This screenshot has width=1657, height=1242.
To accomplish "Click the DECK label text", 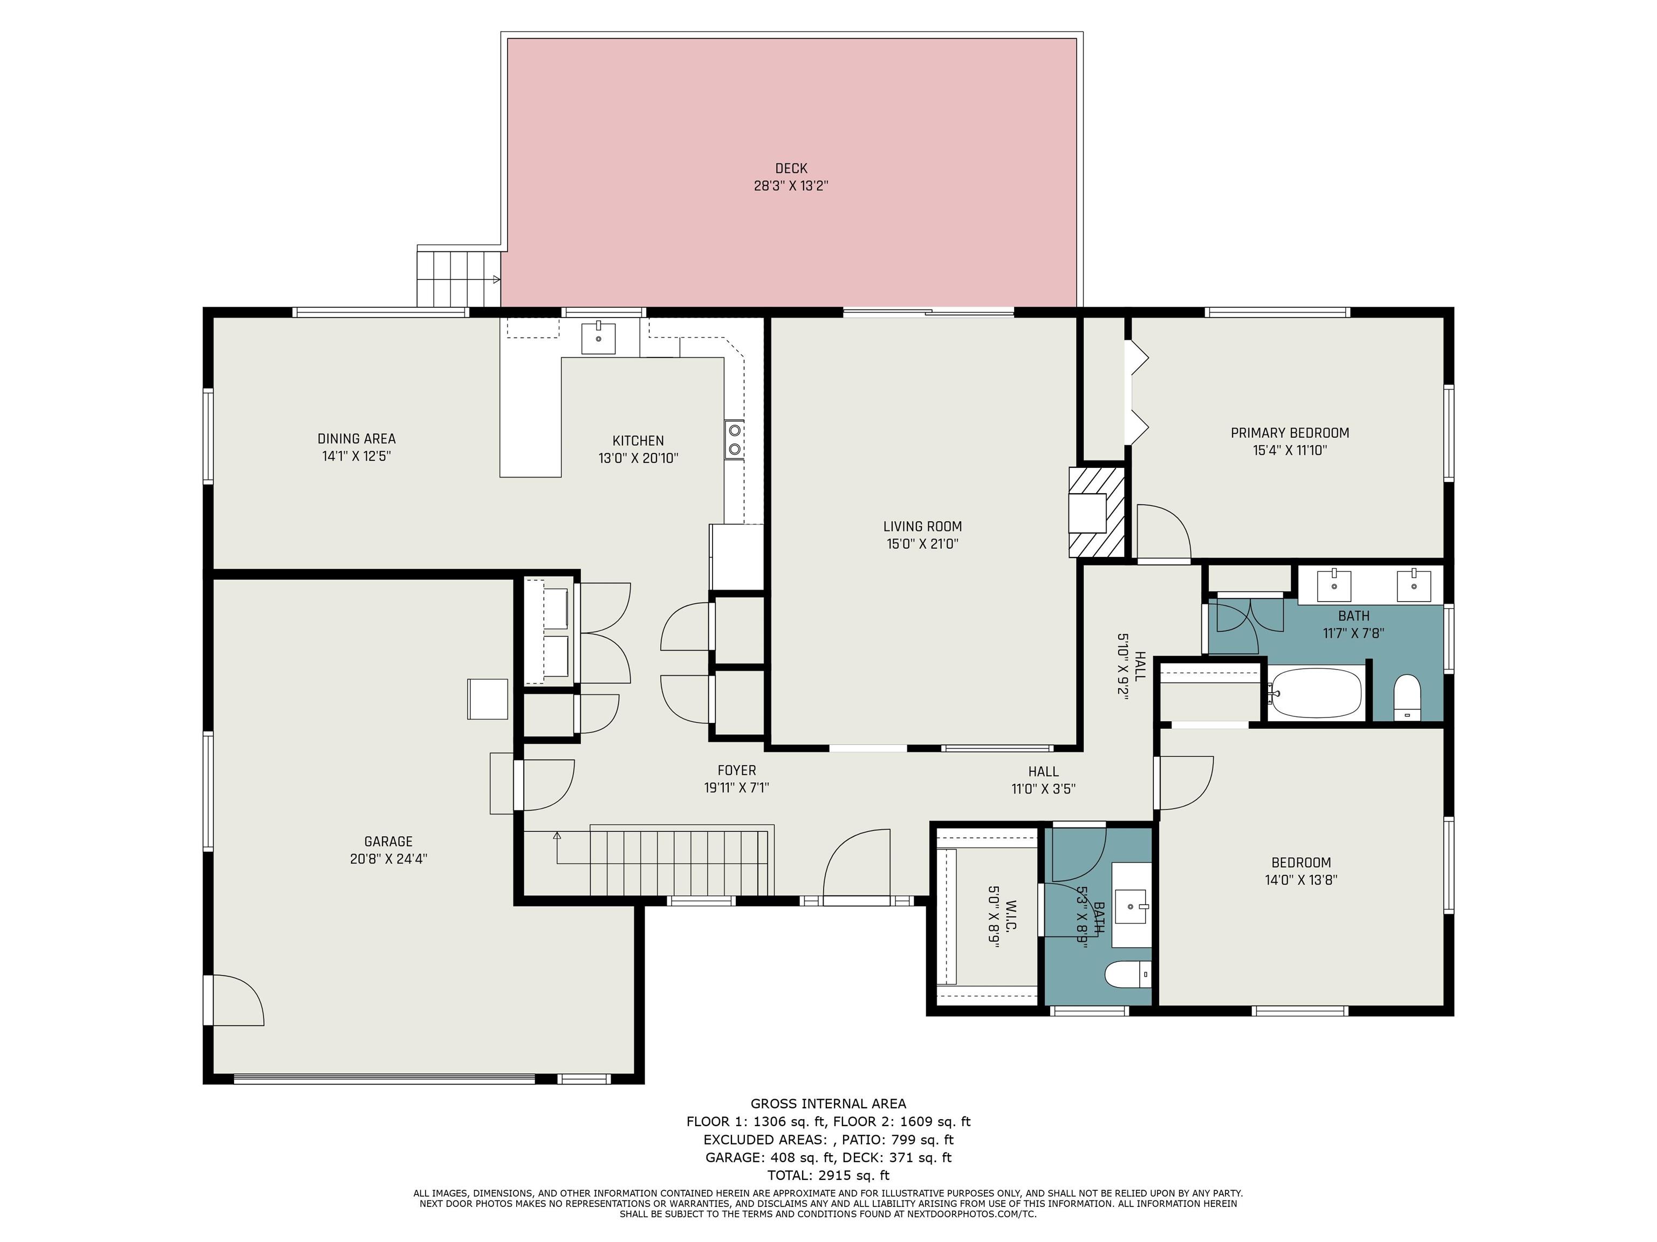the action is (x=791, y=168).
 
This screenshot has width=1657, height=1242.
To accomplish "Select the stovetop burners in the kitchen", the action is (x=734, y=439).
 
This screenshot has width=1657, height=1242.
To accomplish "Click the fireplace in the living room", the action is (x=1097, y=513).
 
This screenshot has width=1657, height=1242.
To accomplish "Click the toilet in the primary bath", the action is (x=1408, y=698).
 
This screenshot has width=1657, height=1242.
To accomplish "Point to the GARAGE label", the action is (x=388, y=841).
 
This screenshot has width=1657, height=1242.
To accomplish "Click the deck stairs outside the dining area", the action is (x=458, y=277).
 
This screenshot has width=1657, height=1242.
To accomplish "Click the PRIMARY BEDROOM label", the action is (x=1290, y=433).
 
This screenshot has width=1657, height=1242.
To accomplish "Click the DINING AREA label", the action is (x=357, y=439).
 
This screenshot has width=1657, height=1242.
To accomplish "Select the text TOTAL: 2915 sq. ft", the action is (x=828, y=1175).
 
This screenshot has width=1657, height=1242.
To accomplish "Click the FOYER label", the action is (x=736, y=770).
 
